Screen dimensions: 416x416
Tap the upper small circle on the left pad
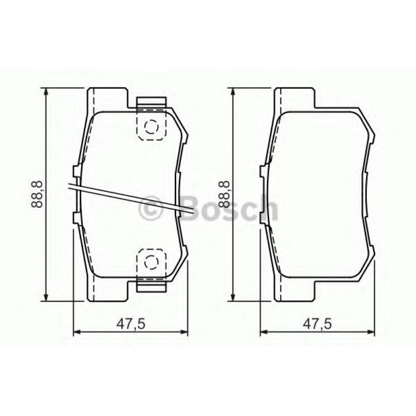[x=150, y=127]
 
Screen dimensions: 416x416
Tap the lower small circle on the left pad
[x=150, y=261]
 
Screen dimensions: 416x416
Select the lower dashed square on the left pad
[x=150, y=265]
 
